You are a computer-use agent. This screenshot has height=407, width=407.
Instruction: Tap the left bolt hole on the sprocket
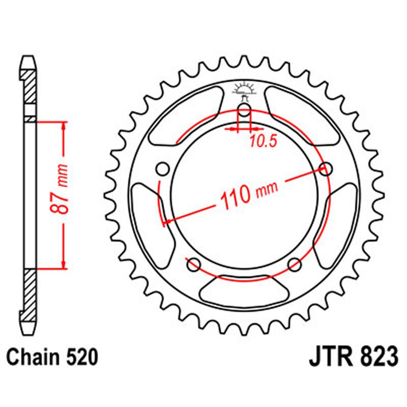tap(163, 169)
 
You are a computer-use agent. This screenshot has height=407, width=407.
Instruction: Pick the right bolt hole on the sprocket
tap(326, 169)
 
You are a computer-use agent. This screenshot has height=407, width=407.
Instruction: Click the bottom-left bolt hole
tap(193, 264)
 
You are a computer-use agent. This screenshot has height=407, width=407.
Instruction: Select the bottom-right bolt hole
tap(295, 264)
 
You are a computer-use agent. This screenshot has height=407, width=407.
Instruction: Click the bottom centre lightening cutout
tap(244, 289)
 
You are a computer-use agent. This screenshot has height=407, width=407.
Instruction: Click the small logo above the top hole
tap(244, 90)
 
